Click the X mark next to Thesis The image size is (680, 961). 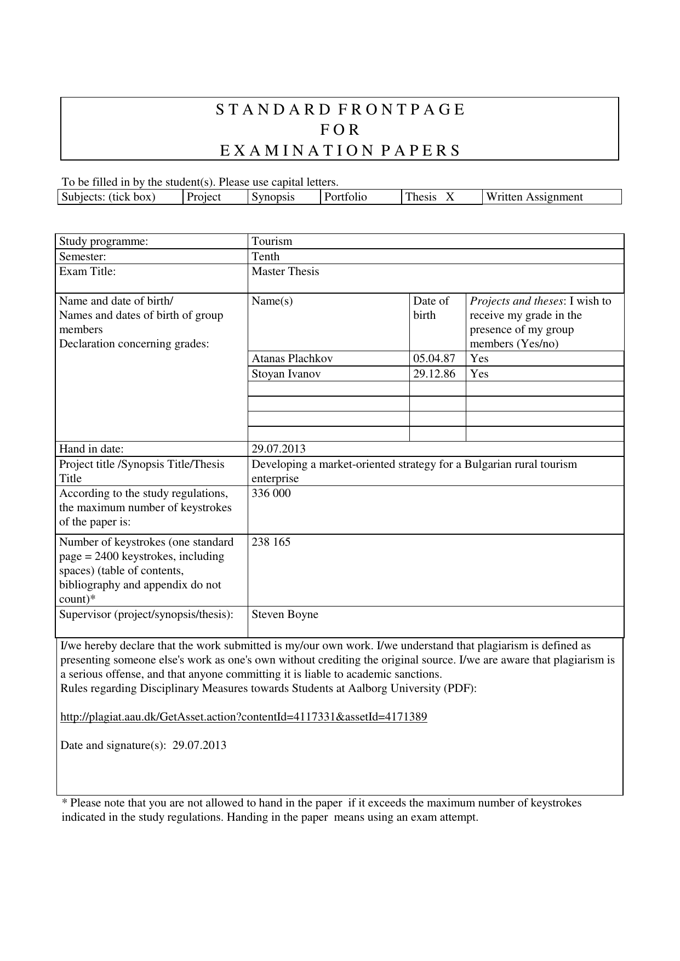pos(450,197)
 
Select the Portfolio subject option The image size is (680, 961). pos(346,197)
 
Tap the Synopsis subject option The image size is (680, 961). pos(273,197)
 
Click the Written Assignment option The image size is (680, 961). pos(534,197)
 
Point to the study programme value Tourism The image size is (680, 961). pos(272,242)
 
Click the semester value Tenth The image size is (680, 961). pos(266,256)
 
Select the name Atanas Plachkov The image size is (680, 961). pos(292,359)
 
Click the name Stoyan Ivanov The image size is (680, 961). pos(286,374)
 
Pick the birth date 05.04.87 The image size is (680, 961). pos(435,359)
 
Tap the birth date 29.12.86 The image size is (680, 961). pos(435,374)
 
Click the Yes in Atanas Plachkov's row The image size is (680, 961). pos(479,359)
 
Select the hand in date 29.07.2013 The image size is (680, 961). pos(278,449)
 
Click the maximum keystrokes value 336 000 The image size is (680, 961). pos(271,494)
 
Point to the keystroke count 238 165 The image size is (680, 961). pos(271,542)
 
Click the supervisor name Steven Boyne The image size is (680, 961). pos(285,615)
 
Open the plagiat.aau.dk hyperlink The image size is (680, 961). pos(244,717)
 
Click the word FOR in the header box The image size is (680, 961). pos(340,130)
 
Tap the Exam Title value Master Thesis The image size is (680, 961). pos(285,272)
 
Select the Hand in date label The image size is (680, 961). pos(92,449)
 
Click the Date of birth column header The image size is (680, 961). pos(431,308)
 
